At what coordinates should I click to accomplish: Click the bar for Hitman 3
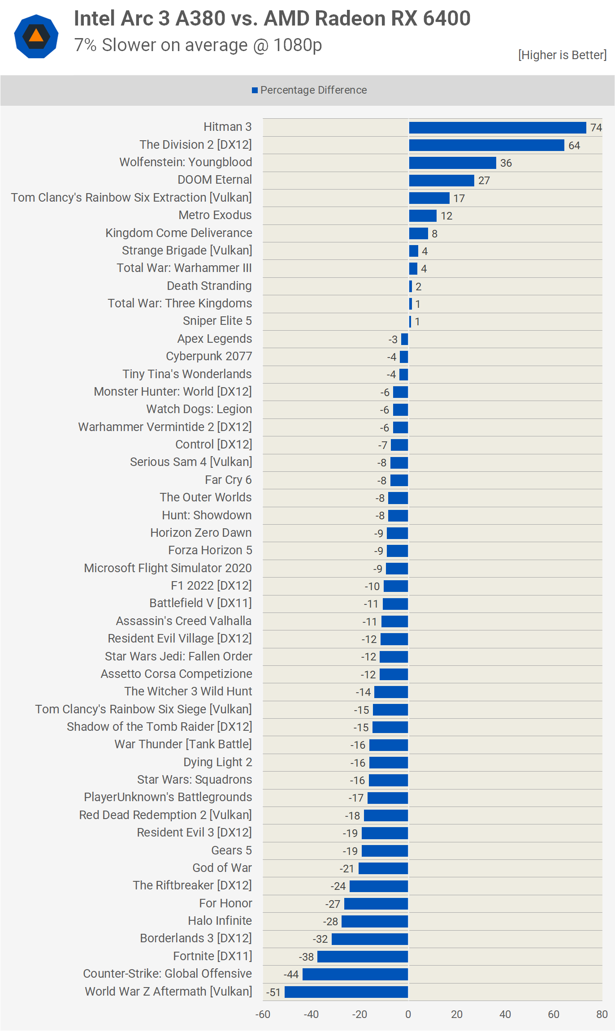point(497,128)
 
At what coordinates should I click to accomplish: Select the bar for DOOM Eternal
point(442,181)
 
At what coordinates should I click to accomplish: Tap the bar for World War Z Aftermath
point(346,992)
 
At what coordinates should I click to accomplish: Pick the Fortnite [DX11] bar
point(363,957)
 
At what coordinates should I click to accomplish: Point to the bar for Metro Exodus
point(423,216)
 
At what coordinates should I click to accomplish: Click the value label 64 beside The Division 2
point(574,146)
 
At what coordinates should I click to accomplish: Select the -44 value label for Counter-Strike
point(291,975)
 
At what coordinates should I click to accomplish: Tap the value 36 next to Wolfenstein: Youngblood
point(506,163)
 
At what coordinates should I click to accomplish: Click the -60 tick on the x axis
point(263,1014)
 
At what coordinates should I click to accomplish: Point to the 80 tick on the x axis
point(602,1014)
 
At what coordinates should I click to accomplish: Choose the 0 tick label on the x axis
point(408,1014)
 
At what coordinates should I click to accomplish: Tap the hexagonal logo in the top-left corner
point(36,36)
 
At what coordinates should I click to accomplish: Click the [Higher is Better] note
point(562,55)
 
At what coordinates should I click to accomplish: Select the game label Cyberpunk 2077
point(209,356)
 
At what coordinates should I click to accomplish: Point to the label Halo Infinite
point(220,921)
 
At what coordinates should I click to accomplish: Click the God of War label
point(222,868)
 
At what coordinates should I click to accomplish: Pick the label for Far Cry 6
point(228,480)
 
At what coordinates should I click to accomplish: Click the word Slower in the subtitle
point(130,45)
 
